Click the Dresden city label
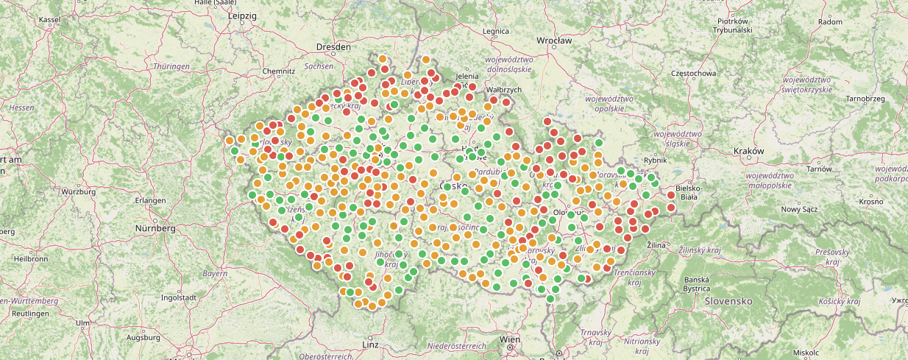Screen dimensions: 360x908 [x=334, y=47]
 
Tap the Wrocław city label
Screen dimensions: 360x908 [x=554, y=40]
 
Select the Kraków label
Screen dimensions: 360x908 [x=749, y=151]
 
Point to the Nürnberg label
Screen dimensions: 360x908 [x=155, y=228]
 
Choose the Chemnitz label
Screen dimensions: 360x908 [x=278, y=71]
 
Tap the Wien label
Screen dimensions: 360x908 [x=510, y=339]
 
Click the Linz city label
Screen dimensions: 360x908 [x=370, y=344]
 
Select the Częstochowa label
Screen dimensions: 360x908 [x=694, y=74]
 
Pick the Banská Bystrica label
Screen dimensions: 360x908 [x=696, y=284]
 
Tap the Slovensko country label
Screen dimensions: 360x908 [x=728, y=302]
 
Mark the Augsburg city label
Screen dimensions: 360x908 [x=143, y=337]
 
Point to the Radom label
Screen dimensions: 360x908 [x=830, y=22]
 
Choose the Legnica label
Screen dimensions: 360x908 [x=495, y=32]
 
